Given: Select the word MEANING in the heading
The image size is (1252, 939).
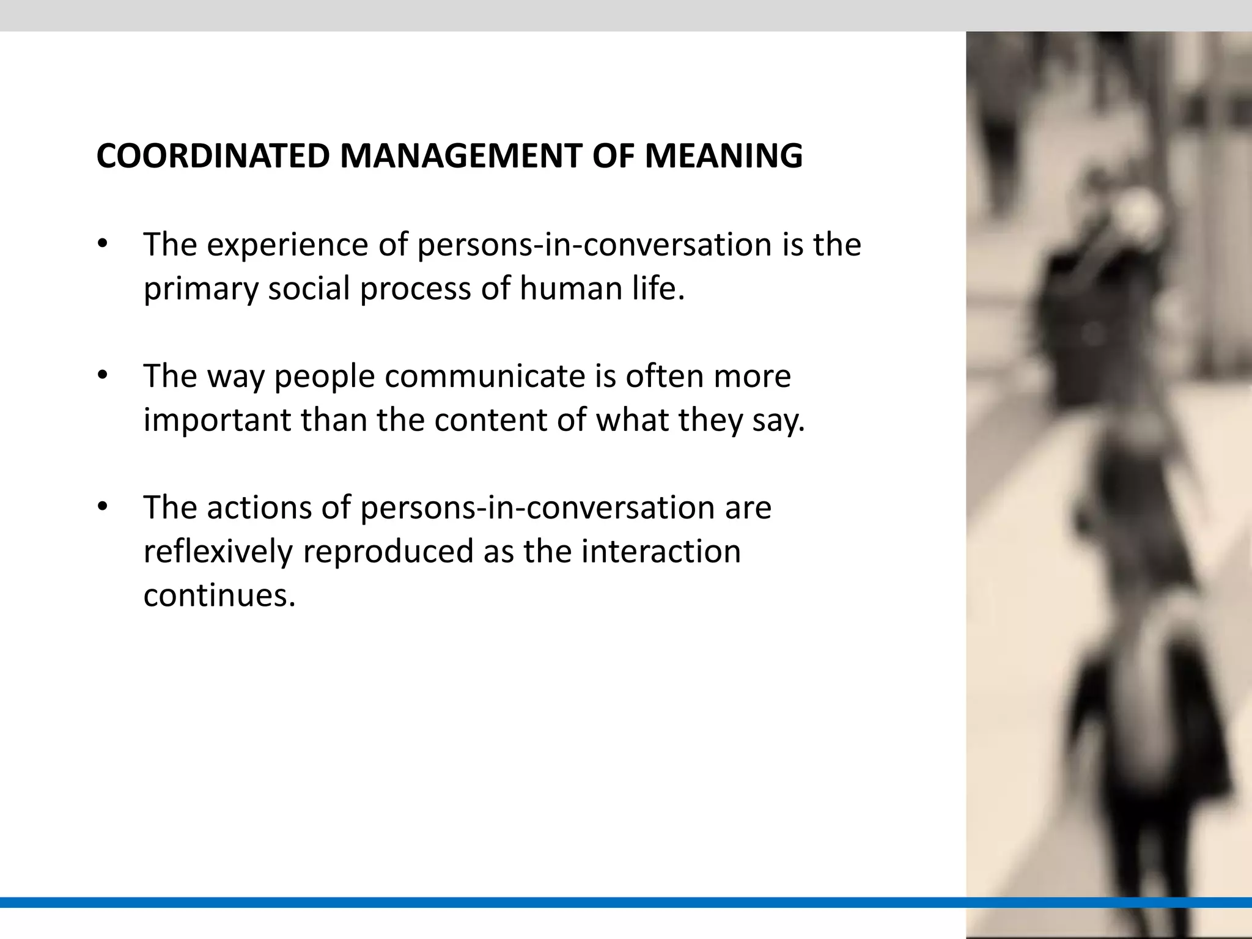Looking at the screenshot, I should click(x=724, y=156).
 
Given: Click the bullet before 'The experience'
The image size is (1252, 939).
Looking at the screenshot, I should click(x=102, y=245).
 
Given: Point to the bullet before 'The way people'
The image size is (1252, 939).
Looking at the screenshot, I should click(x=102, y=376).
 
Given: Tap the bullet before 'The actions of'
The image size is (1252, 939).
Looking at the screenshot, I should click(x=102, y=507).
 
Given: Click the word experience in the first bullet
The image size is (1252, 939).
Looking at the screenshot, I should click(x=287, y=246).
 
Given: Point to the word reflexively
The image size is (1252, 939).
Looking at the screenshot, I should click(x=218, y=552).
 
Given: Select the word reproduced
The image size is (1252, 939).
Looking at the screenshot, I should click(x=388, y=552).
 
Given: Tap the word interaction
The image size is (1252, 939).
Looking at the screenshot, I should click(x=661, y=552).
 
